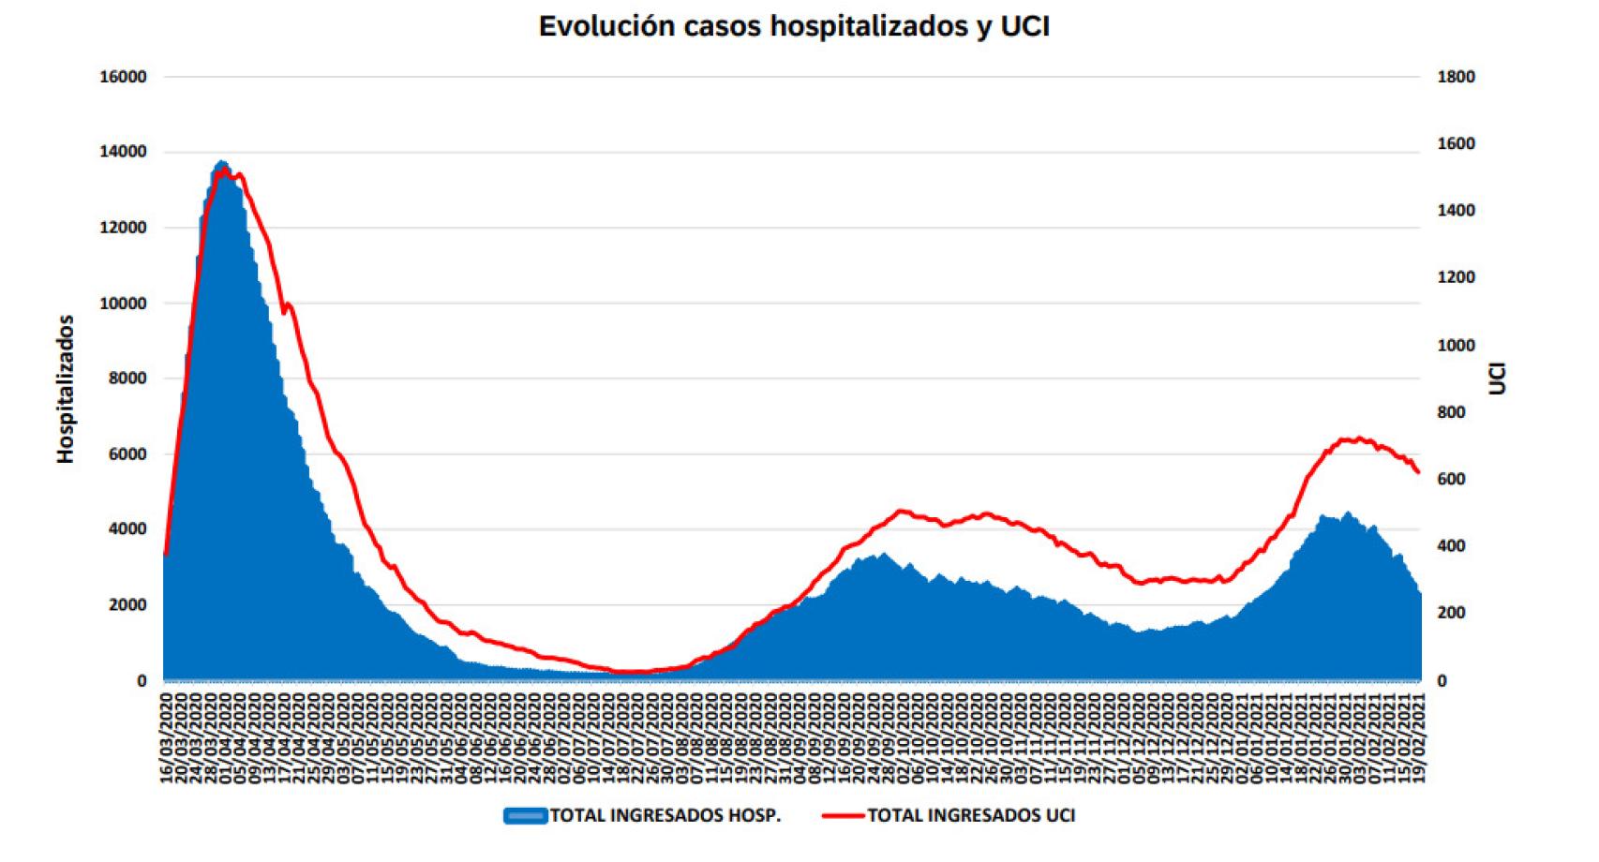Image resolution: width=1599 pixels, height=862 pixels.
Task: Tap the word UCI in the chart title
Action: click(x=1024, y=26)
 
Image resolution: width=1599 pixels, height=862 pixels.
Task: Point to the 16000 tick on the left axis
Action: click(x=123, y=77)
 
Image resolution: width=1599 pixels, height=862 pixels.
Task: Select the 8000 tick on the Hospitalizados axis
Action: click(x=127, y=379)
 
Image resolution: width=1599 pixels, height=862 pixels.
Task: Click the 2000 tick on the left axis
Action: click(x=127, y=605)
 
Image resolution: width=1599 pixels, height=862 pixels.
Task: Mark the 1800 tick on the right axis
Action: click(x=1456, y=77)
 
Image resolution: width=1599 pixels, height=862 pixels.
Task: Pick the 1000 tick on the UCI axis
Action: click(x=1456, y=346)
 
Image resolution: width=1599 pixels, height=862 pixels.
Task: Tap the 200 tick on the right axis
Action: click(x=1451, y=613)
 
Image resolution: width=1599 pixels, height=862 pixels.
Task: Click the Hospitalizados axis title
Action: click(x=65, y=389)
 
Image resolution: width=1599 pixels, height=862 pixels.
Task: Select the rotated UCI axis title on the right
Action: click(x=1497, y=379)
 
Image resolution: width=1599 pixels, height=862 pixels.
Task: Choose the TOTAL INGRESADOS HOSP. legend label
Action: click(x=665, y=815)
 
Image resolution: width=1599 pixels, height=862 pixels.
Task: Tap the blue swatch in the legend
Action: click(x=525, y=815)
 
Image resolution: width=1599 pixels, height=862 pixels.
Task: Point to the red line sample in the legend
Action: click(x=843, y=815)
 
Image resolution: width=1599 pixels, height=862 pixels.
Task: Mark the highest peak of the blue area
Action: click(x=221, y=162)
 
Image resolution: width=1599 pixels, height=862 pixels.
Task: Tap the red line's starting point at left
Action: click(x=165, y=555)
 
